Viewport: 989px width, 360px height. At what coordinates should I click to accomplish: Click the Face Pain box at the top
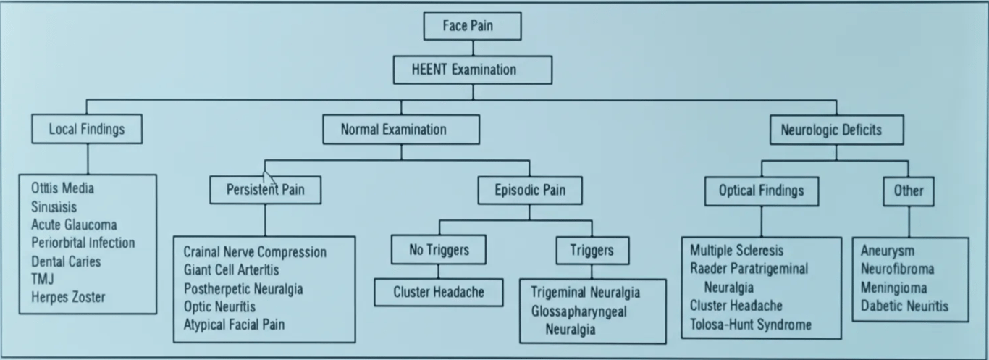472,27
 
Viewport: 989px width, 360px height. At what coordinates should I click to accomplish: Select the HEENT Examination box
472,70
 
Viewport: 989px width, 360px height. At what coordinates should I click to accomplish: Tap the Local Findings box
87,130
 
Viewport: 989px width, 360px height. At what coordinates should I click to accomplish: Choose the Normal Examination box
400,130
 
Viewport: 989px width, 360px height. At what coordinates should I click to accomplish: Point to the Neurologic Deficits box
836,130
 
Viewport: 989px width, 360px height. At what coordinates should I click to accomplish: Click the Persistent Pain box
265,191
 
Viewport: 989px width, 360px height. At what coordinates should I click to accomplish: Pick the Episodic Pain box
529,191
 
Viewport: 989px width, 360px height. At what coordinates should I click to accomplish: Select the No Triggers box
438,250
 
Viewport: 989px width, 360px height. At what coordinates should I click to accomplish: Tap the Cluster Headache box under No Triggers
438,292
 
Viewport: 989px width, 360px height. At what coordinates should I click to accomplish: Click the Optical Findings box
761,191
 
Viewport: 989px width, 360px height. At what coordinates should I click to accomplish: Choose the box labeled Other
908,191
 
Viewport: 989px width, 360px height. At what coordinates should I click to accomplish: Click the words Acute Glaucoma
74,225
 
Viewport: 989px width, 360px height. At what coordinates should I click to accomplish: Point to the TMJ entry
43,279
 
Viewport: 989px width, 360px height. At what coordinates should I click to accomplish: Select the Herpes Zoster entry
68,297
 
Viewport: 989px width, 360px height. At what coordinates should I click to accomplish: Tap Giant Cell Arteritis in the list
231,270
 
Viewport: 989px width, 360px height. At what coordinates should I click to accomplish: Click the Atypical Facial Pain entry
234,325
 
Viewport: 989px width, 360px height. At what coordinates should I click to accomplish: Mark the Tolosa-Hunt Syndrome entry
750,325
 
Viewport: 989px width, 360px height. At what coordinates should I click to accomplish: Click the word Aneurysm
887,251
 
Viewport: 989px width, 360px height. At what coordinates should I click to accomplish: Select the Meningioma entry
893,288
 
